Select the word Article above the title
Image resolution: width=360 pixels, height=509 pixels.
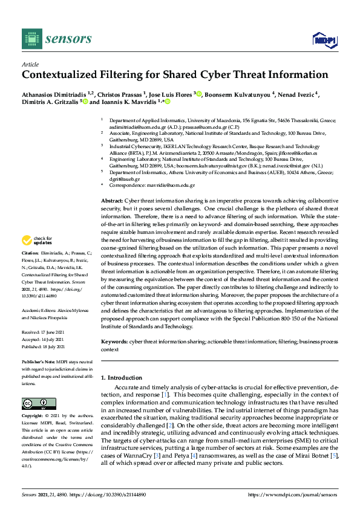[x=30, y=64]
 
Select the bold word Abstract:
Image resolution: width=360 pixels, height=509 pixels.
[x=111, y=199]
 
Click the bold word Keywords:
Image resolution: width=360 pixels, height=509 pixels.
[x=113, y=342]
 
